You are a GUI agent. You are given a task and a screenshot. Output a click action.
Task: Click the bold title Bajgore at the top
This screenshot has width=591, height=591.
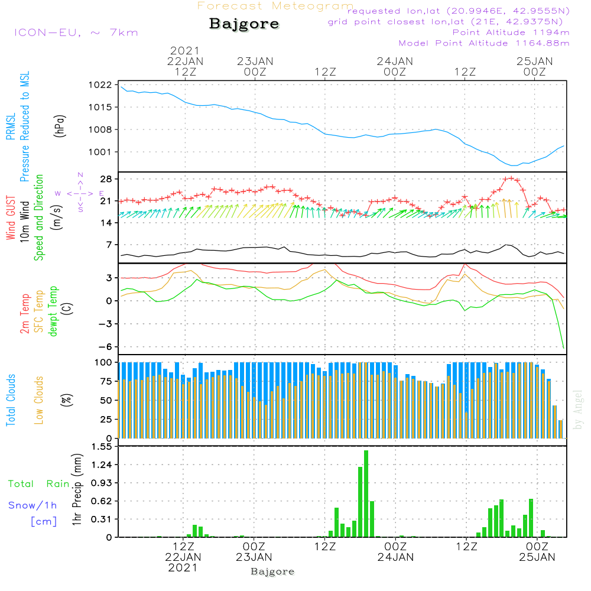244,24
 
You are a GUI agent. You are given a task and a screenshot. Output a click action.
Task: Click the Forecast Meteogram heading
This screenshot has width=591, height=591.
275,6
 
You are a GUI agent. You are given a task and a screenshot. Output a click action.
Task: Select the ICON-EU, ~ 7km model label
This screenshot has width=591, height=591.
76,32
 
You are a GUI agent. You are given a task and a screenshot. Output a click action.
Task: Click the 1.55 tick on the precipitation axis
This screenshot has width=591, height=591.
103,447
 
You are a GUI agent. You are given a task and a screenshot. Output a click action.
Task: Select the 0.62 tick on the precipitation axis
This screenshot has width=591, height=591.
103,501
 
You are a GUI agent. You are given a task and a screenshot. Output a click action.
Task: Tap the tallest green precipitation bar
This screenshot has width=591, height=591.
366,493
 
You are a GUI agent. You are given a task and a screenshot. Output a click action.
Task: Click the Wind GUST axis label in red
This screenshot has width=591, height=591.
11,213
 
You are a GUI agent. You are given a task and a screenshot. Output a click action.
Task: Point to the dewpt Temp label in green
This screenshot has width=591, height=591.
53,311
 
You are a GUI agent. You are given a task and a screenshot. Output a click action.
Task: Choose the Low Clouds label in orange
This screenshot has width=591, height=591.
40,400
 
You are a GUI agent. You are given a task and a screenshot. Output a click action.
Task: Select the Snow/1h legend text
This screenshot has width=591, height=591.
33,505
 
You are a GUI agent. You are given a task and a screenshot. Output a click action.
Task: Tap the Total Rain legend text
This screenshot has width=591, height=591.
39,483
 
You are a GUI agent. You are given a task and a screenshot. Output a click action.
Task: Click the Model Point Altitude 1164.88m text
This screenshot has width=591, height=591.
484,43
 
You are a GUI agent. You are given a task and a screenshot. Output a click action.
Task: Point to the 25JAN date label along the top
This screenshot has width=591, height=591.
534,61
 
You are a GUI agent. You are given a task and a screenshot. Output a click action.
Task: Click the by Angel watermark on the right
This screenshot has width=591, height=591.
578,410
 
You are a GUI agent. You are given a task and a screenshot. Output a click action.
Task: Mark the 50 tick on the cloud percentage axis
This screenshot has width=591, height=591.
109,400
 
